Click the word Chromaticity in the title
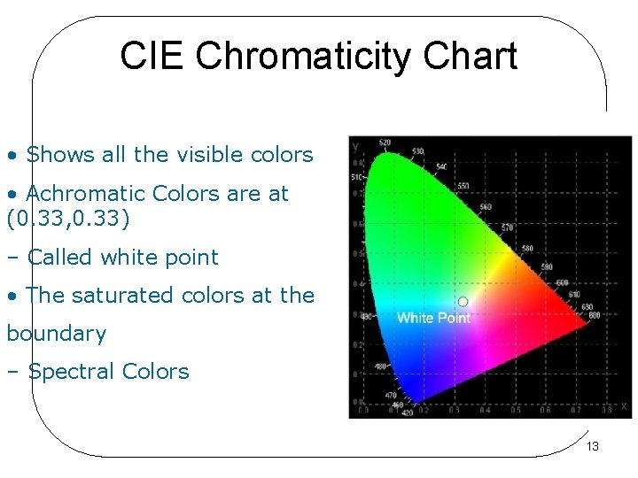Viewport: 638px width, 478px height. click(x=304, y=57)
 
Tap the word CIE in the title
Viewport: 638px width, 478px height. click(x=153, y=56)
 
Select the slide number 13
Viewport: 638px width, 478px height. click(x=593, y=446)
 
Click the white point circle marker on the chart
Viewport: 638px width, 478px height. click(x=463, y=302)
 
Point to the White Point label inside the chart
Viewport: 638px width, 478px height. click(x=433, y=318)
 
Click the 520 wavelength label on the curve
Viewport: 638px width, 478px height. click(x=385, y=143)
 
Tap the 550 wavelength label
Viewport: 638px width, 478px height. click(x=463, y=187)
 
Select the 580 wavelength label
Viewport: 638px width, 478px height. click(x=528, y=249)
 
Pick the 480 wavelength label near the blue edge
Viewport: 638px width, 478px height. click(x=379, y=366)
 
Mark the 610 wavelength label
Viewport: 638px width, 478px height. click(x=574, y=295)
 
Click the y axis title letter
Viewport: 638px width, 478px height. click(x=355, y=145)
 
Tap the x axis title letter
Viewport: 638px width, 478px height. click(x=624, y=406)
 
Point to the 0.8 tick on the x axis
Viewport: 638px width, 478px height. click(x=601, y=411)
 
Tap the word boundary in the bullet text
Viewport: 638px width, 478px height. click(x=56, y=334)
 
